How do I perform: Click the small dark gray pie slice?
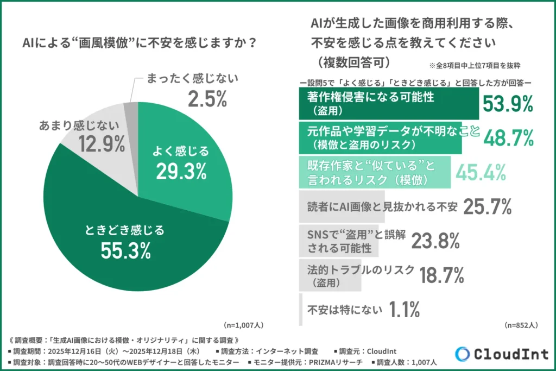click(130, 111)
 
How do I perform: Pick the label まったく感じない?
click(192, 79)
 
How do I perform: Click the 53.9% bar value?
click(508, 104)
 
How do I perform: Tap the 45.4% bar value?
click(481, 172)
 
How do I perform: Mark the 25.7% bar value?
click(488, 206)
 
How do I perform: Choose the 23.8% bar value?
click(435, 241)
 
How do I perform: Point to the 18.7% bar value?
click(442, 275)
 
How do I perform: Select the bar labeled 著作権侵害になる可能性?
click(389, 104)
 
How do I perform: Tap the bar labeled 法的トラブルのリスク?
click(331, 275)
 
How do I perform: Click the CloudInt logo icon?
click(462, 353)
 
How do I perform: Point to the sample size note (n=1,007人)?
click(244, 325)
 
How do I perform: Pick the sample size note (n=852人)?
click(521, 325)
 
